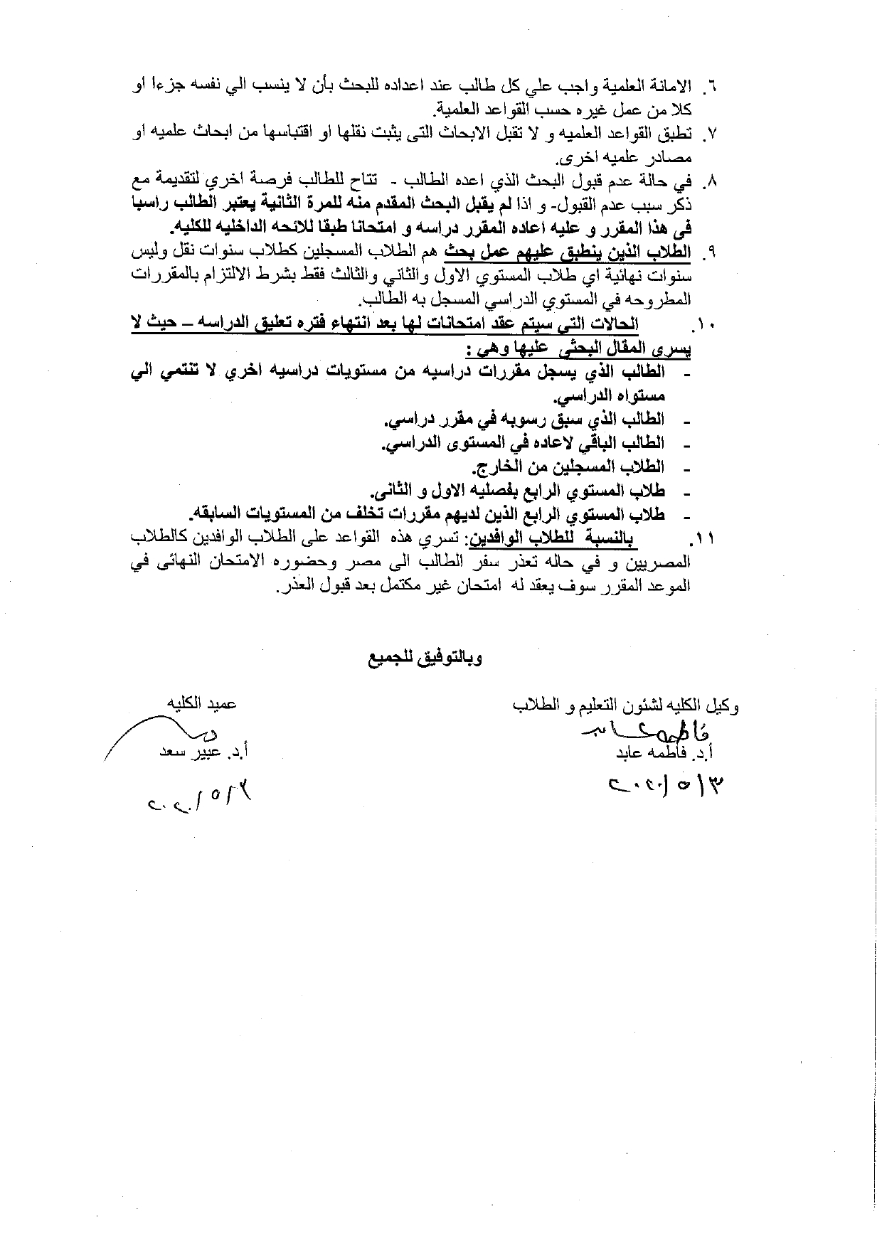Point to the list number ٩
[708, 252]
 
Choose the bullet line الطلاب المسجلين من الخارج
[568, 466]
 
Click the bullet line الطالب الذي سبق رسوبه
[525, 420]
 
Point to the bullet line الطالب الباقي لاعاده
[524, 443]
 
